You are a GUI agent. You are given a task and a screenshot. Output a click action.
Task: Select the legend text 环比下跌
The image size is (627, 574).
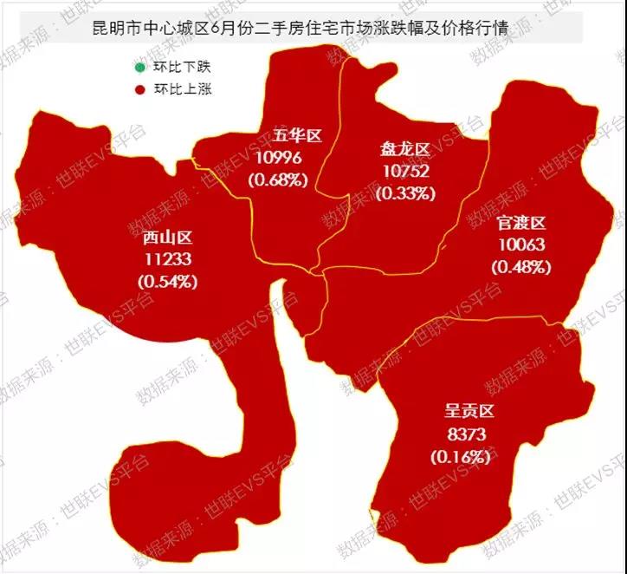[x=182, y=66]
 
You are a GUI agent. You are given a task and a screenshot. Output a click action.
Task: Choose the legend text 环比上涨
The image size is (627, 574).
[x=182, y=88]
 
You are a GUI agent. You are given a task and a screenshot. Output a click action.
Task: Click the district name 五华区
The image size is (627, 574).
[x=297, y=136]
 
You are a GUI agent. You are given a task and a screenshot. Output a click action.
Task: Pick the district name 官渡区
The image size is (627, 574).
[x=521, y=223]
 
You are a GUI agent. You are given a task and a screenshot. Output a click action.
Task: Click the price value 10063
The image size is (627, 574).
[x=521, y=245]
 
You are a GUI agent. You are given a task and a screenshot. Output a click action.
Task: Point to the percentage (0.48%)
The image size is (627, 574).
[x=521, y=267]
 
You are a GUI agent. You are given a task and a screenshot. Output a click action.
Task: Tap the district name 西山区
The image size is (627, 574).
[x=167, y=238]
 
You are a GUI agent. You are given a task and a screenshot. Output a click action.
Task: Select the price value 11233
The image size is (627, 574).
[x=168, y=259]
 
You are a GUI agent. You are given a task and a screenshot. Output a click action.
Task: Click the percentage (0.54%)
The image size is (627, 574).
[x=168, y=281]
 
